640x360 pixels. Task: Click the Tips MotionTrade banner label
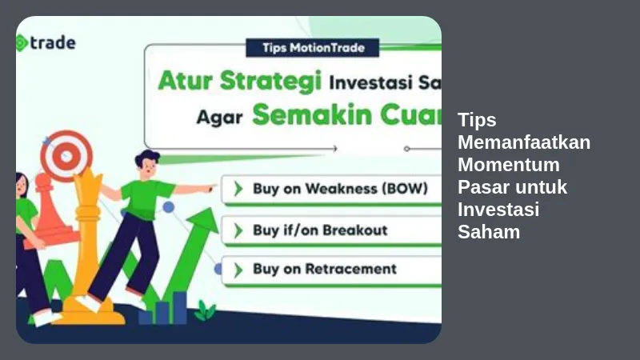coord(313,48)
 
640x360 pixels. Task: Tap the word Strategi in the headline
coord(271,82)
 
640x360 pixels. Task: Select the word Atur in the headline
coord(186,81)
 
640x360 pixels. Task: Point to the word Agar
coord(219,117)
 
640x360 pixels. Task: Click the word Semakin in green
coord(312,114)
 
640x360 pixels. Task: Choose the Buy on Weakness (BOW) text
coord(341,189)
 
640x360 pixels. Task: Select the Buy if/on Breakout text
coord(320,230)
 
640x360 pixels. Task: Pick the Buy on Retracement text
coord(325,269)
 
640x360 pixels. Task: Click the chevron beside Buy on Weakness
coord(238,189)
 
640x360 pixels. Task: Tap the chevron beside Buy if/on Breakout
coord(238,230)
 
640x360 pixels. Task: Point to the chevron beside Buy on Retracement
coord(238,270)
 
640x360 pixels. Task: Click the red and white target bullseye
coord(66,156)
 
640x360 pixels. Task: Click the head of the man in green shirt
coord(147,164)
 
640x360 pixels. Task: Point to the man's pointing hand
coord(208,189)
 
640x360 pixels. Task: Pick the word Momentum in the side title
coord(509,165)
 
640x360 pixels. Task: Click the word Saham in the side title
coord(489,232)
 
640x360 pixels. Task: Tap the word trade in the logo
coord(53,42)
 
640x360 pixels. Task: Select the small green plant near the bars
coord(205,310)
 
